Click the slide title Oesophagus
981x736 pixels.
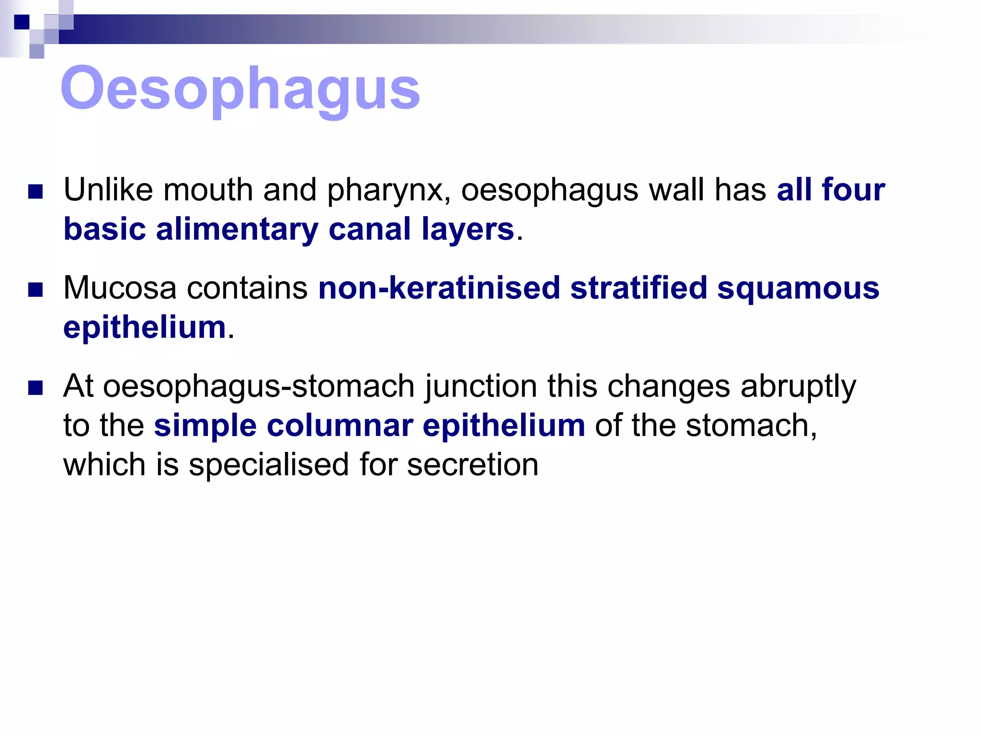(240, 89)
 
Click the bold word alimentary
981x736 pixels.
(237, 230)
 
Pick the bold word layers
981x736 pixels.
(468, 230)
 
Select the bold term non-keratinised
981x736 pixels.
(439, 288)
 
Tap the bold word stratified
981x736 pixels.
(639, 288)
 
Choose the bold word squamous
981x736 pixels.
(798, 289)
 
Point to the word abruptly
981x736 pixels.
(798, 387)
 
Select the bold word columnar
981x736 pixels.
(340, 425)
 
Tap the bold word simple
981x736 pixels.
(205, 425)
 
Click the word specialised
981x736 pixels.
(269, 465)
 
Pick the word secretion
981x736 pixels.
(473, 465)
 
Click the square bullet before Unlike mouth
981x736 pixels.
(36, 192)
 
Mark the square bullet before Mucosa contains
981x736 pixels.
(36, 290)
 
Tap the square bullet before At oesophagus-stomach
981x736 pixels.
(36, 388)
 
